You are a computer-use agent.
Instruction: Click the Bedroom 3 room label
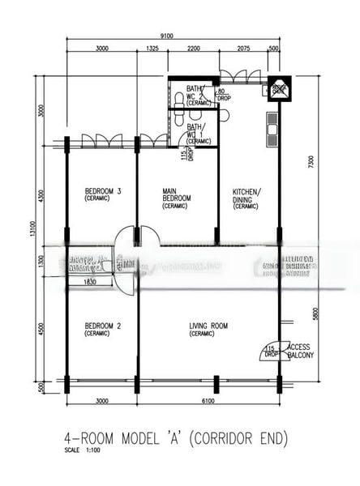coord(102,195)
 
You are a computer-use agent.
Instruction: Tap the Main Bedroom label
coord(176,198)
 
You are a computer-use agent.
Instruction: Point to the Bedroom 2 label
coord(102,330)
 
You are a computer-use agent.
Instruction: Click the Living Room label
coord(208,330)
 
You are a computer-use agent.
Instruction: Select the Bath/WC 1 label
coord(197,134)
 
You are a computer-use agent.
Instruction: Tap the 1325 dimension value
coord(152,49)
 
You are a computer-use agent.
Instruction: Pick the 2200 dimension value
coord(193,49)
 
